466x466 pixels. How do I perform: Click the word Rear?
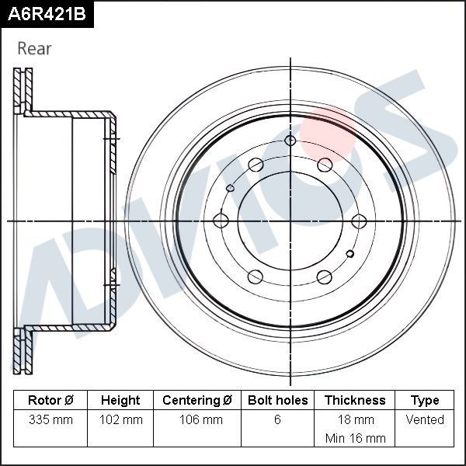point(34,49)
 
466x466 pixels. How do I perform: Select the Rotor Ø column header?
point(50,401)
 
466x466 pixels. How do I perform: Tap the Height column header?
point(120,401)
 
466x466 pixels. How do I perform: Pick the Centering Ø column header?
point(197,401)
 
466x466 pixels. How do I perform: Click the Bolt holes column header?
point(277,401)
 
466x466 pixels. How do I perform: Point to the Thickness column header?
point(355,401)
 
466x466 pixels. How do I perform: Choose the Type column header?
point(425,401)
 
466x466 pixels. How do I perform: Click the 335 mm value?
point(50,420)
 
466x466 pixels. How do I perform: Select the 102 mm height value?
point(120,420)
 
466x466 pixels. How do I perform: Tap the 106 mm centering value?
point(197,420)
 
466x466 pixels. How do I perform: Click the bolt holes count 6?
point(277,420)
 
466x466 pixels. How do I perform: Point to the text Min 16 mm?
point(355,438)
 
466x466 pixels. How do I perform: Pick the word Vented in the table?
point(425,420)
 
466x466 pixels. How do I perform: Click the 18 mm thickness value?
point(355,420)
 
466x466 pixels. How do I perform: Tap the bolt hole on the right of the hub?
point(358,221)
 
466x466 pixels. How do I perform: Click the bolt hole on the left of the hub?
point(221,221)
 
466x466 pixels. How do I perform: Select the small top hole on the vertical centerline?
point(290,141)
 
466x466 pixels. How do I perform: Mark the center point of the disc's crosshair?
point(290,221)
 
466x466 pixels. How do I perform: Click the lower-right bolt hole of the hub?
point(325,277)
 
